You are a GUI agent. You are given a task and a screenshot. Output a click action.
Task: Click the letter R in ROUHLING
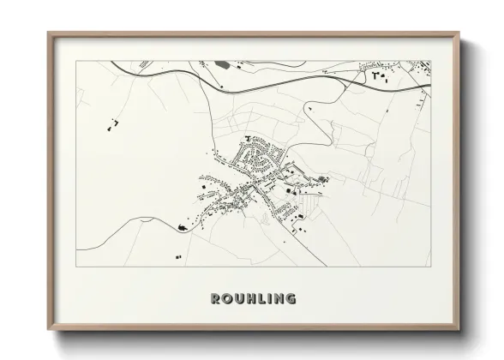pos(216,299)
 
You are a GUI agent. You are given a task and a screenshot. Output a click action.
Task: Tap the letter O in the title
pos(227,299)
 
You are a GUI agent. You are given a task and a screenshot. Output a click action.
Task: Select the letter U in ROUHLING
pos(239,299)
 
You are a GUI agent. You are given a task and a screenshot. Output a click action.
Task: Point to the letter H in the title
pos(251,299)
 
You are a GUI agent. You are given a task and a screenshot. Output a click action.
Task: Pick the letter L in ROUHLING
pos(261,299)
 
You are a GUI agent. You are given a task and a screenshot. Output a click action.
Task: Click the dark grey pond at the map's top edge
pos(225,64)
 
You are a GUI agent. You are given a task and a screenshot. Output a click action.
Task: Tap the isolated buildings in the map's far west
pos(111,126)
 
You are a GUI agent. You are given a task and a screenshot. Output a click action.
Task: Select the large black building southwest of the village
pos(182,227)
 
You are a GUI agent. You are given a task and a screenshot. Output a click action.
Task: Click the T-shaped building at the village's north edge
pos(249,138)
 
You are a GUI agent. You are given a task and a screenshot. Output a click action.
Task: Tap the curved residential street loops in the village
pos(257,157)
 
